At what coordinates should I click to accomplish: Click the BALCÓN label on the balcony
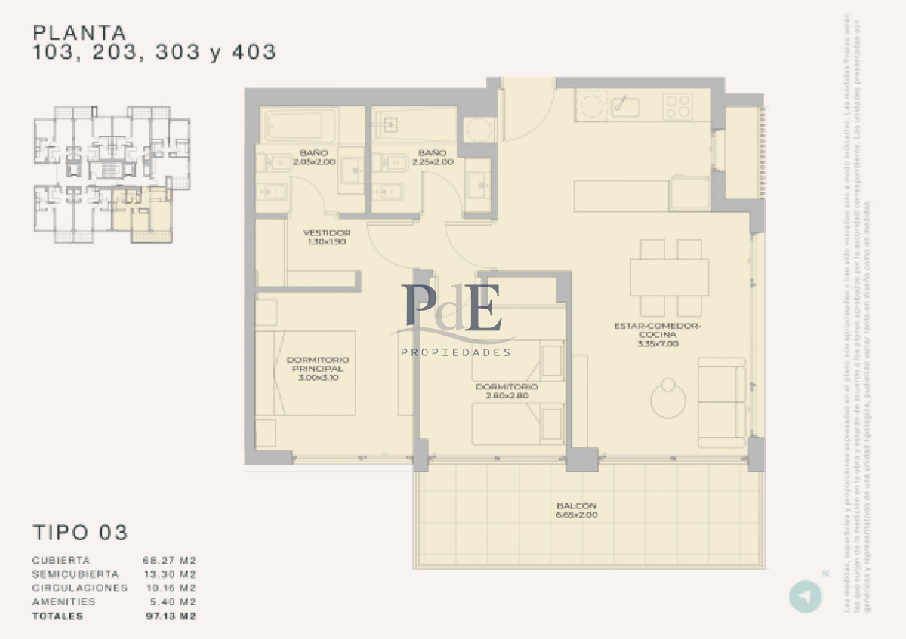coord(577,505)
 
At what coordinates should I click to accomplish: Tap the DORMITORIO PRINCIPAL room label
coord(318,364)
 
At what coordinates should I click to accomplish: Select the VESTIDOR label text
coord(326,232)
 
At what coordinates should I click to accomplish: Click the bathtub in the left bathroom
coord(300,125)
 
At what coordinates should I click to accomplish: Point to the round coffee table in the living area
coord(668,398)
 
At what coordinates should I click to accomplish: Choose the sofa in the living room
coord(722,402)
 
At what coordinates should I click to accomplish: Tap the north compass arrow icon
coord(806,596)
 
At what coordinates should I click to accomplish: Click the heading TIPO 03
coord(80,532)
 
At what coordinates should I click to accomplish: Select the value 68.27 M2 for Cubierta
coord(170,561)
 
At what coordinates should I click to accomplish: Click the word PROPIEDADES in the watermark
coord(455,352)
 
